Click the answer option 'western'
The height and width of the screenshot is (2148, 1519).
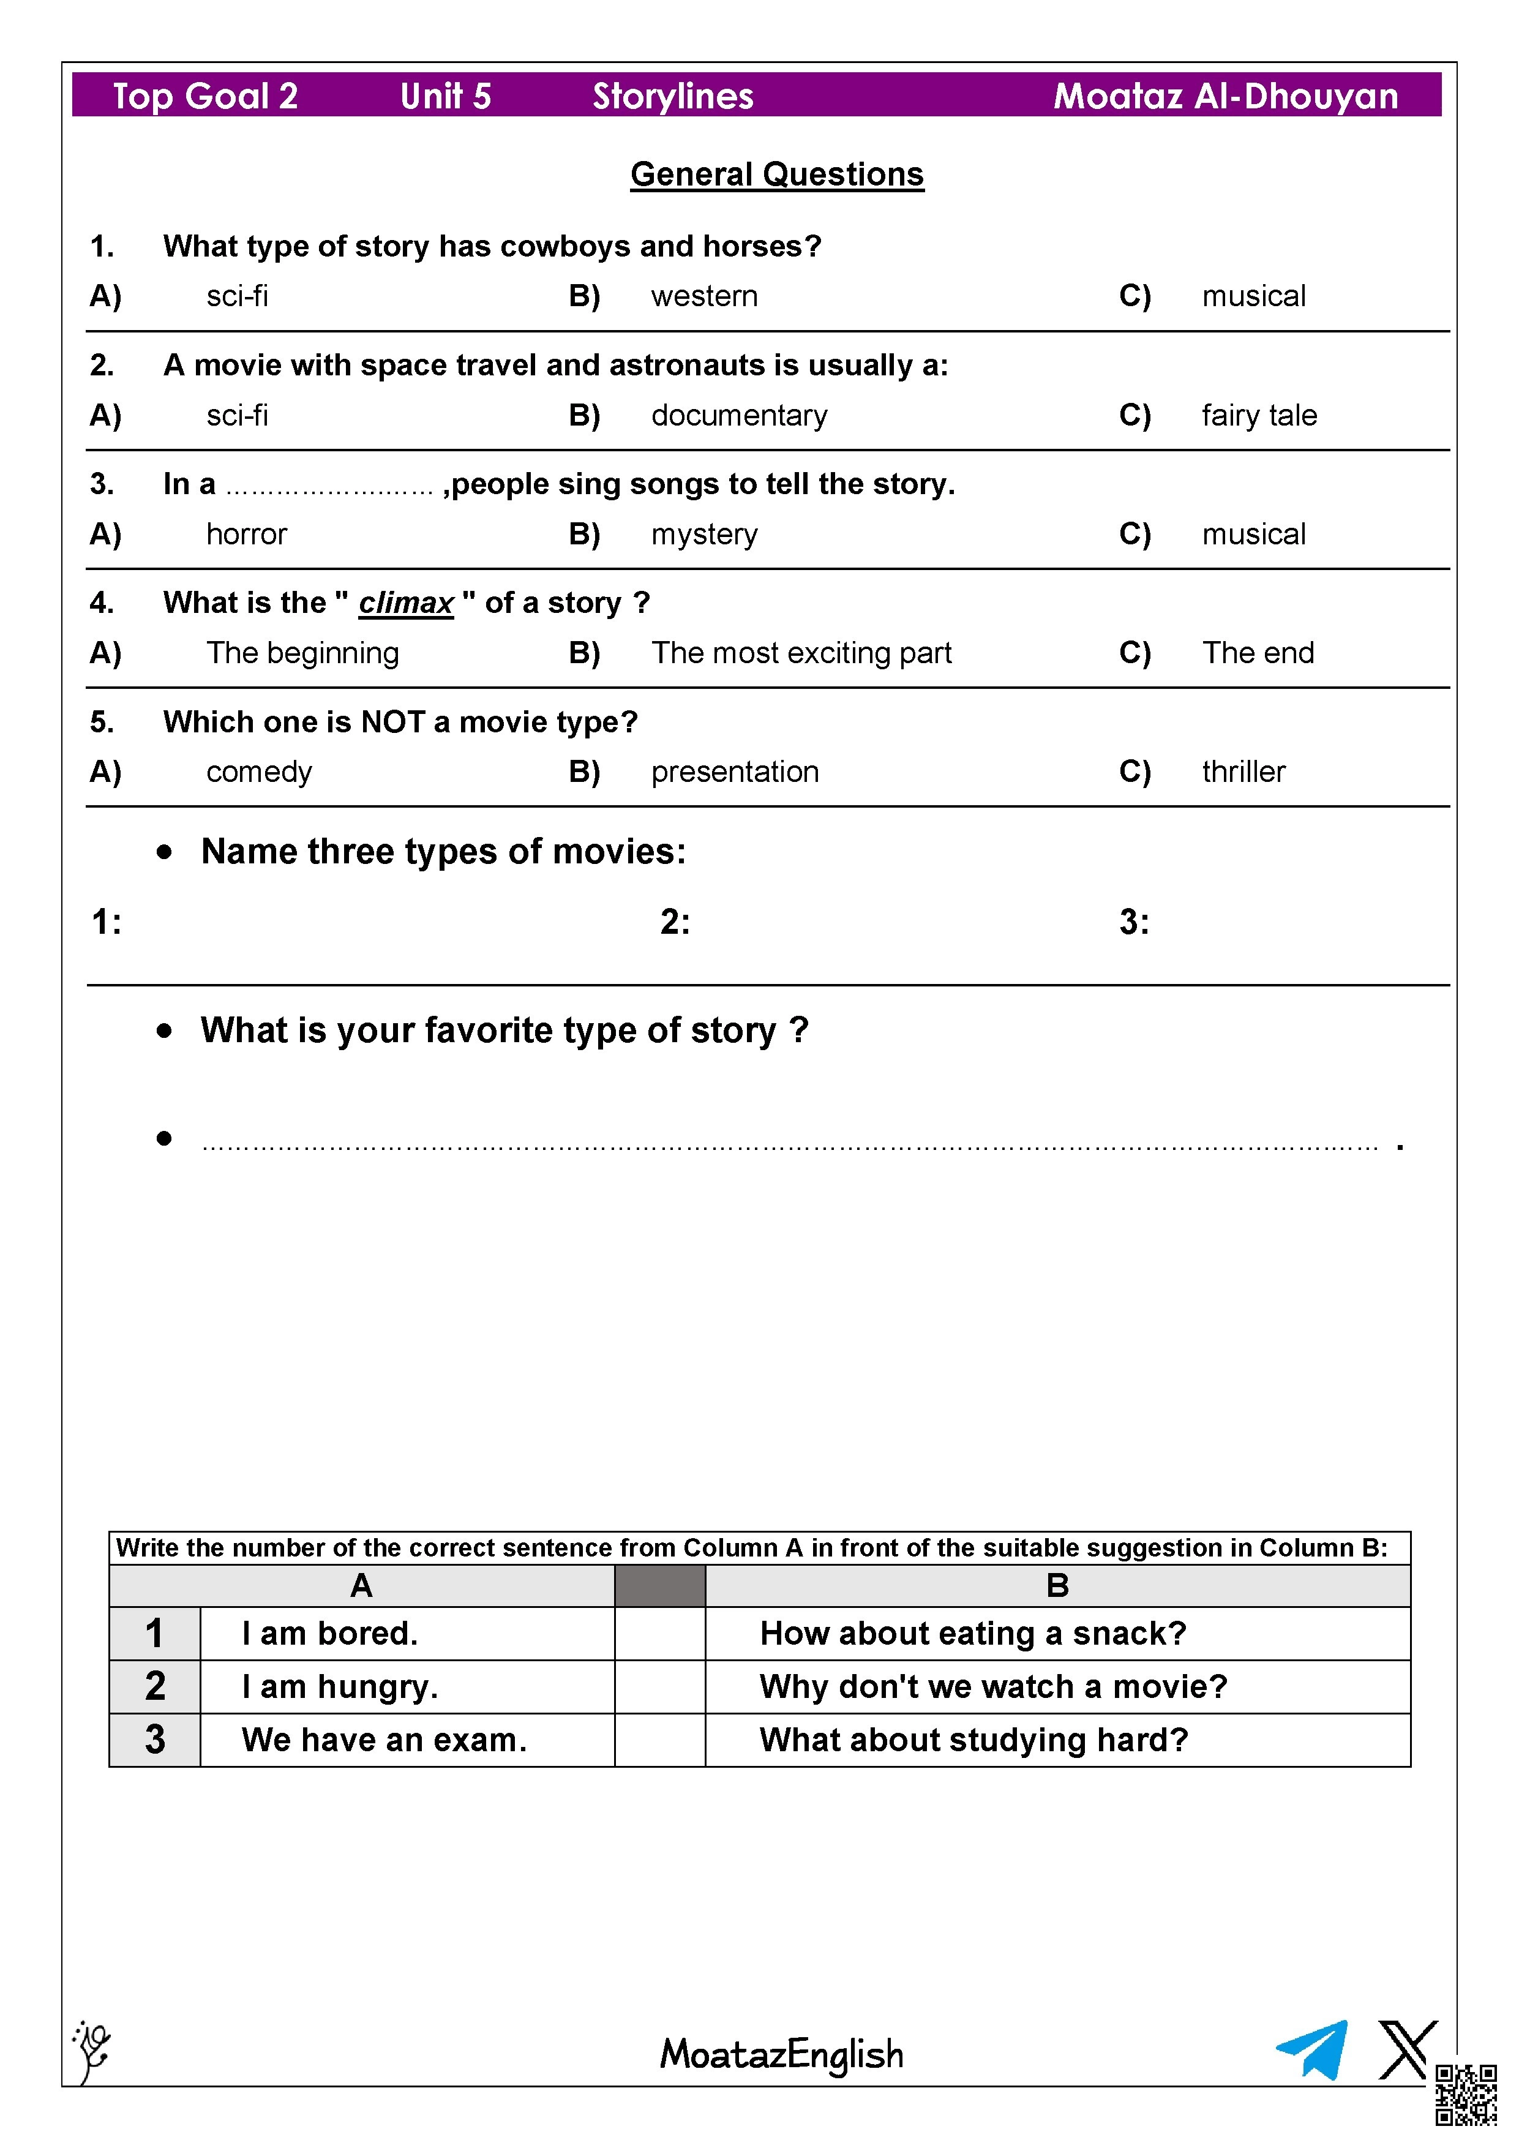(x=703, y=296)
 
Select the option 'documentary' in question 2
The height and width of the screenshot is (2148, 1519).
(x=739, y=415)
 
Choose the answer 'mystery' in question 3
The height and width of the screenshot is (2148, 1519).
(x=703, y=534)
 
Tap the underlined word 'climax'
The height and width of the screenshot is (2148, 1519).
(x=406, y=603)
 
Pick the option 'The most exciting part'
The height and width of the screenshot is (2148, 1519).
(x=801, y=653)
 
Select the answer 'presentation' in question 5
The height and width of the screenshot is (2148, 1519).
(x=734, y=772)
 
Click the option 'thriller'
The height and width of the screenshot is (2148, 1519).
(x=1243, y=772)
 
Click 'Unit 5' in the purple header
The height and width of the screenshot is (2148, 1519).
(x=445, y=96)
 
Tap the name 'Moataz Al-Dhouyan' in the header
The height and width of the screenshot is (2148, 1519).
(x=1225, y=96)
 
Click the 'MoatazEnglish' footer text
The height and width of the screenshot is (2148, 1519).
(x=781, y=2054)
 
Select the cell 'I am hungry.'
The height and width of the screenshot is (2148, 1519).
(x=340, y=1686)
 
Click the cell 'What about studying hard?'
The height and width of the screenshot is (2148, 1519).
(x=973, y=1739)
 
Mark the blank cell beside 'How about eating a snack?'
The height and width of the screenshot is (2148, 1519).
(x=659, y=1634)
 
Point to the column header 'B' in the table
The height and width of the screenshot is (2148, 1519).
(x=1057, y=1586)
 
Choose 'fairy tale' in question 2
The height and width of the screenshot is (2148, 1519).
(x=1259, y=415)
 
